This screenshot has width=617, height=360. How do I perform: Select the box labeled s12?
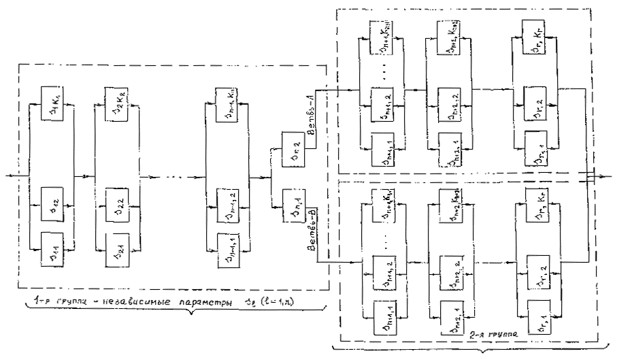[x=52, y=201]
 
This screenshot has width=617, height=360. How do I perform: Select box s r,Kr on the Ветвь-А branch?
[x=535, y=33]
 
